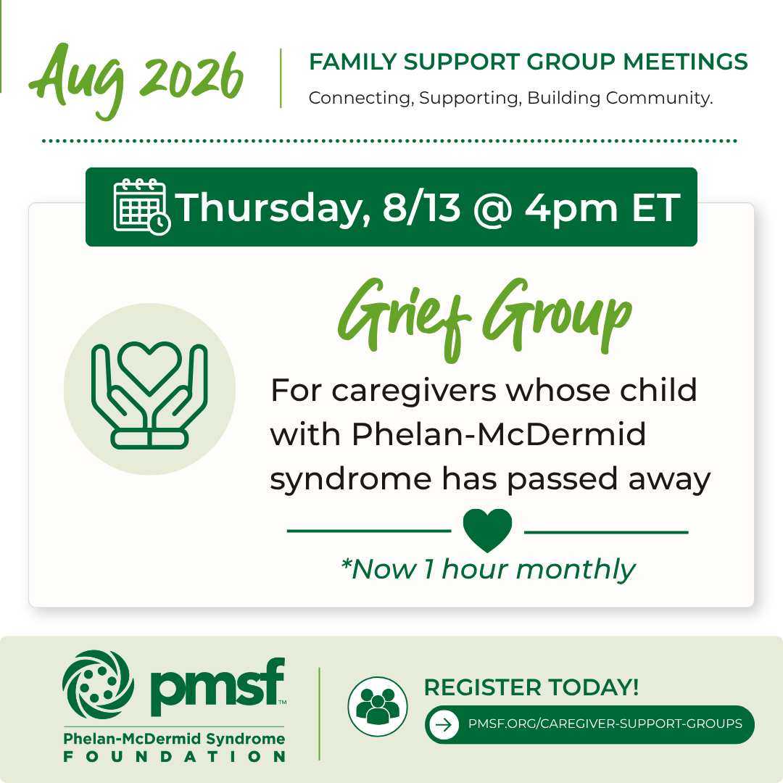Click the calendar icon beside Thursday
pos(142,207)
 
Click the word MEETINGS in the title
pos(685,62)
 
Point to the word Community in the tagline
pos(659,98)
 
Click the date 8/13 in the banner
pos(421,207)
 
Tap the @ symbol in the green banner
pos(492,210)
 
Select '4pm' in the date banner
pos(571,210)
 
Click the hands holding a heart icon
pos(149,395)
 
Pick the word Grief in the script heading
pos(405,318)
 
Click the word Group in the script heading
pos(557,316)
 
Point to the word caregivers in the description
pos(414,391)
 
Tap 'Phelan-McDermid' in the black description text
pos(499,434)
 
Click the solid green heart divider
pos(487,529)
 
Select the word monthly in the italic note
pos(575,569)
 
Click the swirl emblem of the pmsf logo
pos(99,684)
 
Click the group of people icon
pos(378,706)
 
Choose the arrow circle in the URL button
pos(444,724)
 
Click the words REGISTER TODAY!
pos(531,687)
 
